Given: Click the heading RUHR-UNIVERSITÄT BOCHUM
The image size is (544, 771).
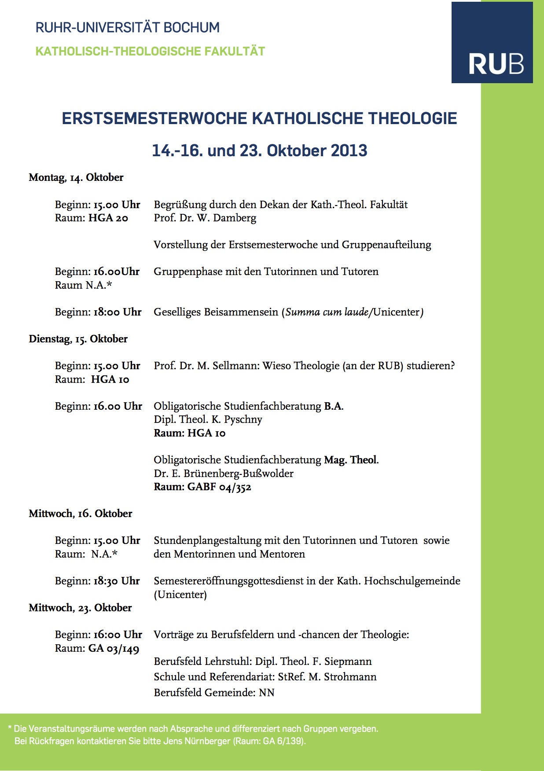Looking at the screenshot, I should [x=127, y=28].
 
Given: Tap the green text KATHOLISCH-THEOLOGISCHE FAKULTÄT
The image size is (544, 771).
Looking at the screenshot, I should [x=150, y=51].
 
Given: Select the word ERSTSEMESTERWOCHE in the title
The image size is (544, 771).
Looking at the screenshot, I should [x=154, y=118].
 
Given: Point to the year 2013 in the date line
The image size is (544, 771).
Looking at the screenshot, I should [x=349, y=151].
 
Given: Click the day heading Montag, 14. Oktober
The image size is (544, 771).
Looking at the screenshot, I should [x=76, y=177].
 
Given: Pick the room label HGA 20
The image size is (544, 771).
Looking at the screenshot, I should [x=108, y=218].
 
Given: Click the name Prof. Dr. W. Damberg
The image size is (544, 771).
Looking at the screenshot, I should [x=205, y=218].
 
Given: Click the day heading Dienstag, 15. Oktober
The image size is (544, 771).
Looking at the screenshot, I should [x=78, y=339].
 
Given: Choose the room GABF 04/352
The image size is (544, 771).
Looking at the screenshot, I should [x=219, y=487].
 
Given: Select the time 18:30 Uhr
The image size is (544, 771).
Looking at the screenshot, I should [x=116, y=581].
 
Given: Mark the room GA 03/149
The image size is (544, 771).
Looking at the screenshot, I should [x=114, y=648].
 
